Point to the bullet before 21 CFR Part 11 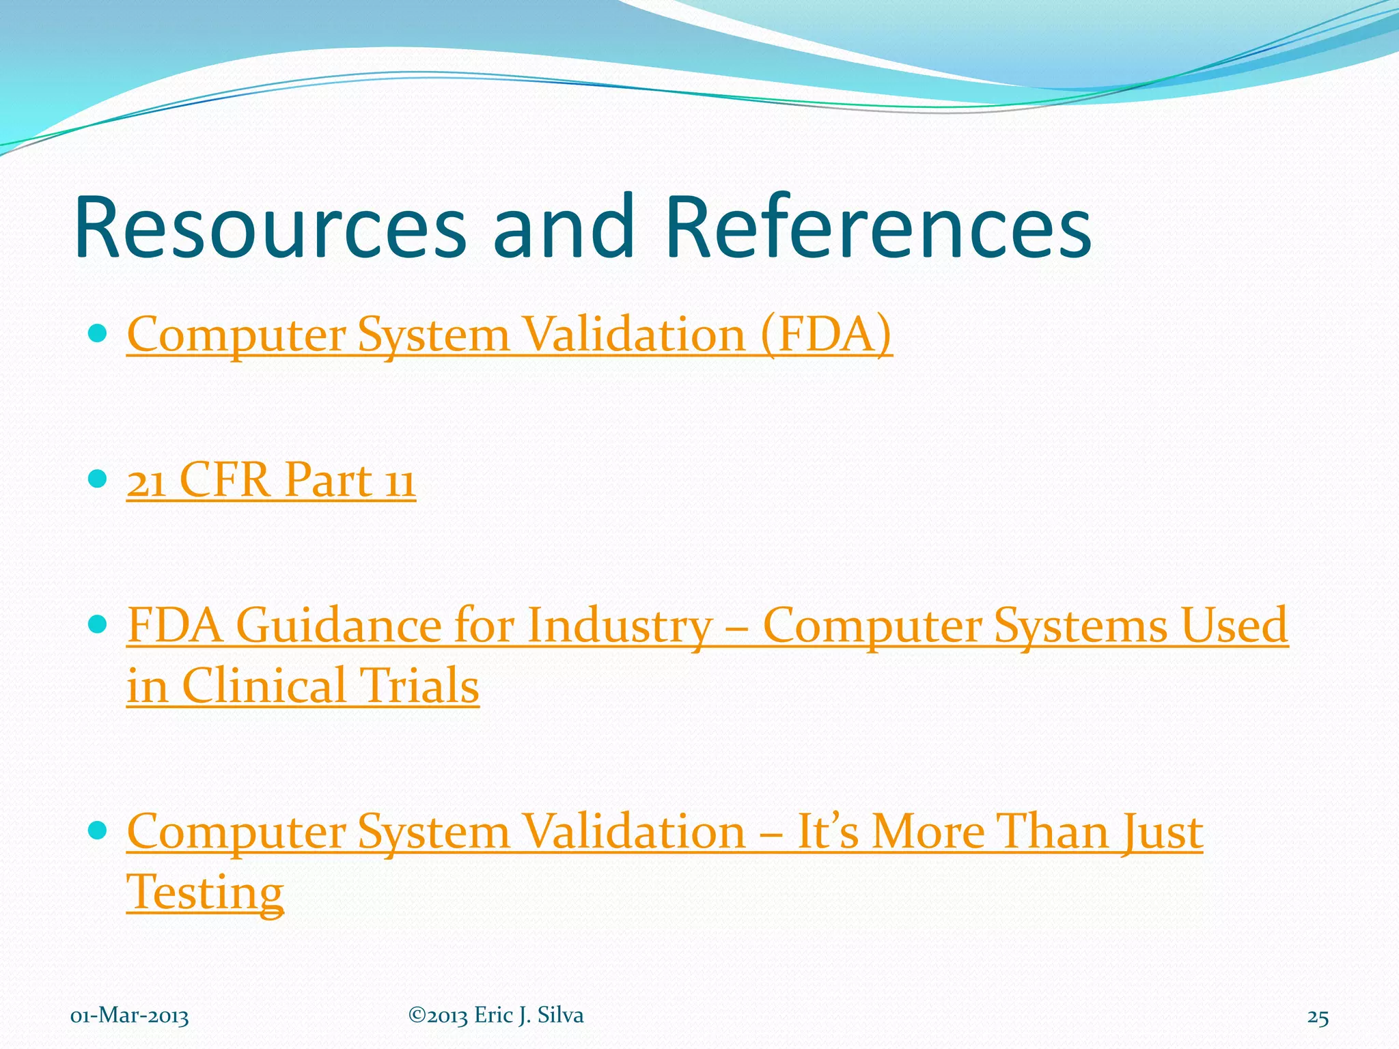(98, 478)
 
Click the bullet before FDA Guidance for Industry (98, 624)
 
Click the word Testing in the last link (205, 892)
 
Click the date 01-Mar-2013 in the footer (130, 1016)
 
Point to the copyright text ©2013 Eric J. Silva (496, 1016)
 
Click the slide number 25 (1318, 1018)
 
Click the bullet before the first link (98, 333)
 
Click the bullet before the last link (98, 830)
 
